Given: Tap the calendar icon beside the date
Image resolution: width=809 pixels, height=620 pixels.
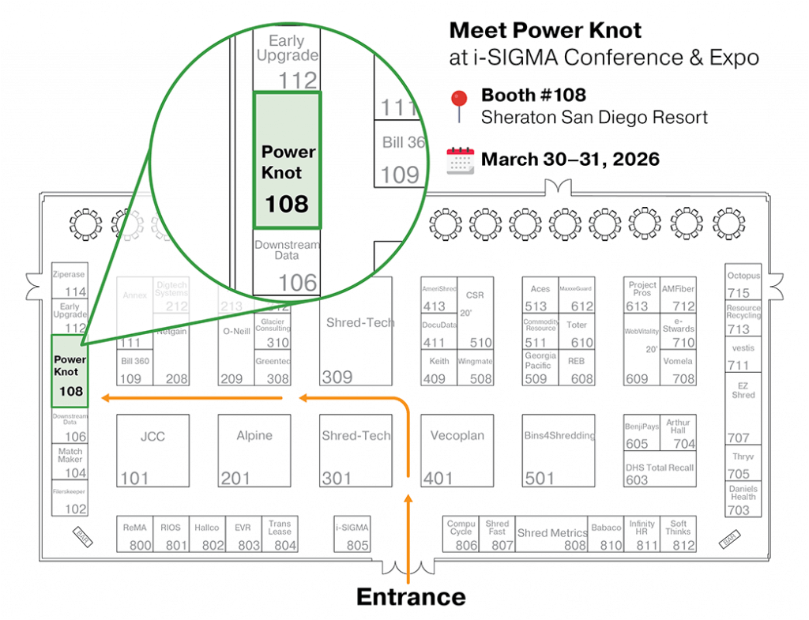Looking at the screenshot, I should coord(460,160).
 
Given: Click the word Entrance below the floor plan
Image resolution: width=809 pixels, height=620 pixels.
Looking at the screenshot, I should coord(411,596).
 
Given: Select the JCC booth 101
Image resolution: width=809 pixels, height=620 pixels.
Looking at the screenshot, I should coord(152,451).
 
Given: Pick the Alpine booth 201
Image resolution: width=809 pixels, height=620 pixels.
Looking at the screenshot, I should coord(254,451).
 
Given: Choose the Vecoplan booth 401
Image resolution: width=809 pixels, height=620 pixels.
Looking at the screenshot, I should coord(457,451).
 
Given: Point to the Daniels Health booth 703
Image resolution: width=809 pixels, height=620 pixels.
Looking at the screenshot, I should coord(743,499).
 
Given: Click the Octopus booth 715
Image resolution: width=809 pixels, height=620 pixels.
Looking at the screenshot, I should coord(743,283).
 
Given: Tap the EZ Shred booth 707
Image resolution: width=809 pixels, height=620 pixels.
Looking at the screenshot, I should coord(743,408).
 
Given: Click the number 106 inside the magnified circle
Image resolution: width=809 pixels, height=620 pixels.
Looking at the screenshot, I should coord(297,282).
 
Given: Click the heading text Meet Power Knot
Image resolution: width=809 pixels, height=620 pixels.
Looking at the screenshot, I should coord(545,31).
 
